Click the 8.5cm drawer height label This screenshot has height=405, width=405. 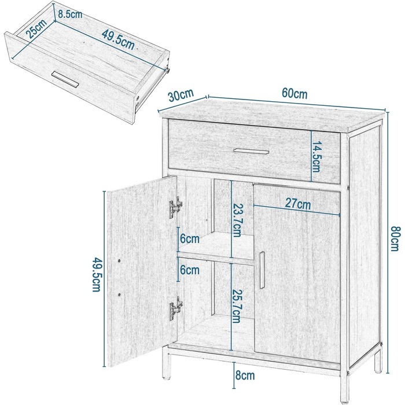pos(70,14)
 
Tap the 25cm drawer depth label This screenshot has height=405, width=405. pos(37,28)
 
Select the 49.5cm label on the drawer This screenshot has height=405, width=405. pos(118,40)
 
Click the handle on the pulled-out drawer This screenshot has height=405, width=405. pos(65,80)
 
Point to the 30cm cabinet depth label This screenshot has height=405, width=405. pos(181,95)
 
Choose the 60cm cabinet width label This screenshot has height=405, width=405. pos(294,93)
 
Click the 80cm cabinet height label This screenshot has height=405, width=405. pos(395,238)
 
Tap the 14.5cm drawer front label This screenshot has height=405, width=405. pos(316,157)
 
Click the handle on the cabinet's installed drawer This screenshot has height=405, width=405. pos(251,152)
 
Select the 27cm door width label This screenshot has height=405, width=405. pos(298,204)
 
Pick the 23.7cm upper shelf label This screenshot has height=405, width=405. pos(237,220)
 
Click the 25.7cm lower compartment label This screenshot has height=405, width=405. pos(237,306)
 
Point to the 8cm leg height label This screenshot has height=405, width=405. pos(245,375)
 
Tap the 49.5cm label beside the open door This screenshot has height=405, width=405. pos(96,274)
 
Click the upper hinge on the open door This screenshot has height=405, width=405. pos(175,208)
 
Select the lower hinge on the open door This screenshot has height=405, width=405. pos(176,309)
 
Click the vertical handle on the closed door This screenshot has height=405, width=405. pos(262,270)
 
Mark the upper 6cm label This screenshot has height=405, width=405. pos(190,238)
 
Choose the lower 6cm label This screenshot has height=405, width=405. pos(190,270)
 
